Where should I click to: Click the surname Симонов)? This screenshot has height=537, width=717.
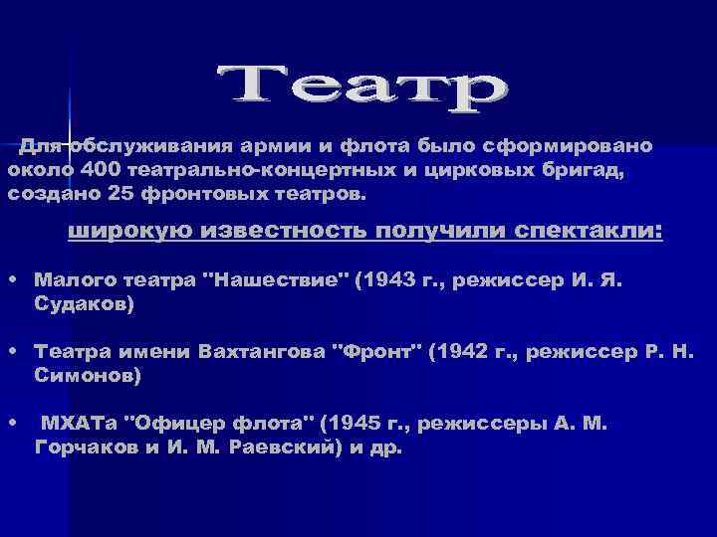pos(88,377)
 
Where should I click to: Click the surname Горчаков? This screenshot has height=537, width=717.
pos(83,448)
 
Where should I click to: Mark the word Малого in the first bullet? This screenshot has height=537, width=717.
pos(67,281)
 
